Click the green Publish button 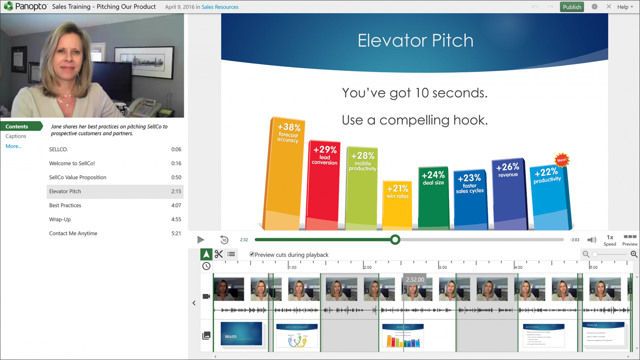click(572, 7)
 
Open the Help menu click(625, 7)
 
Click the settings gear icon click(594, 7)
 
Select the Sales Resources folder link click(220, 7)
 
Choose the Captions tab click(16, 136)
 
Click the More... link click(13, 146)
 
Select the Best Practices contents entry click(65, 205)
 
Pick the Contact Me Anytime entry click(73, 233)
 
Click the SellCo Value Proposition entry click(77, 177)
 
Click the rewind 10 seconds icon click(224, 240)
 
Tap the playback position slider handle click(395, 240)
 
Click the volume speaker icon click(591, 240)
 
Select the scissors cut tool click(219, 254)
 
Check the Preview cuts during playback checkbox click(252, 255)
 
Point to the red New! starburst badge click(561, 160)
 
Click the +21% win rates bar click(397, 204)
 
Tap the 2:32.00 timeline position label click(415, 279)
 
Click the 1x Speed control click(609, 240)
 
